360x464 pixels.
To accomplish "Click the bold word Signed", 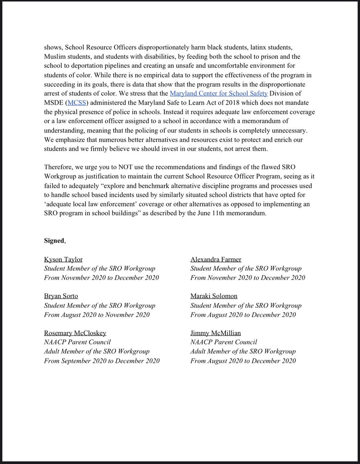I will (54, 241).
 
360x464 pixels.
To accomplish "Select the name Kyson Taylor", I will (63, 259).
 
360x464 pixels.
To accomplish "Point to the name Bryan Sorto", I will (61, 296).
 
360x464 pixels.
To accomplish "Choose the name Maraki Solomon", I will (214, 296).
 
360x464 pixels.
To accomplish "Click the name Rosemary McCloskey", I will (75, 333).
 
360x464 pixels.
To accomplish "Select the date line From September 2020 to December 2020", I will (102, 361).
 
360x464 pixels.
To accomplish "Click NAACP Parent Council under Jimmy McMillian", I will (224, 342).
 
